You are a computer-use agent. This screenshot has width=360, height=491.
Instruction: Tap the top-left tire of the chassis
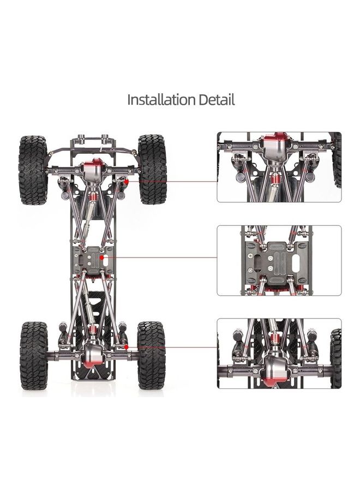pos(33,170)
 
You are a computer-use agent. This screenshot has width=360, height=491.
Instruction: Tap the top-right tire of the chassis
pos(152,169)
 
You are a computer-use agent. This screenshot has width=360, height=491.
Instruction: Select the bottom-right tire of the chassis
pos(152,355)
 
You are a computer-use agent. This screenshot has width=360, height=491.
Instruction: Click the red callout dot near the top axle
pos(126,182)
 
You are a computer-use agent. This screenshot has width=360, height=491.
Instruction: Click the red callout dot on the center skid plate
pos(102,258)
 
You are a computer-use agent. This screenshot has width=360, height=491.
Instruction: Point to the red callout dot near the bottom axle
pos(126,347)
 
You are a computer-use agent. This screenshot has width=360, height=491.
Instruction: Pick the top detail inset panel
pos(279,167)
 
